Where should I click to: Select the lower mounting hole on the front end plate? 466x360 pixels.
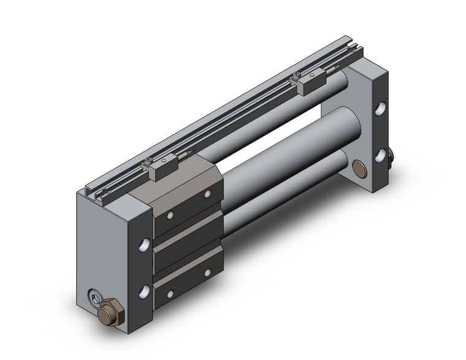point(144,291)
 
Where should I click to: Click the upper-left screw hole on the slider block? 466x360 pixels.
point(170,215)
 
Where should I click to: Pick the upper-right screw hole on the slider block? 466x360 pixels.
point(208,194)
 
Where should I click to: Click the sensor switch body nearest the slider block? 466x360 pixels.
point(161,167)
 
